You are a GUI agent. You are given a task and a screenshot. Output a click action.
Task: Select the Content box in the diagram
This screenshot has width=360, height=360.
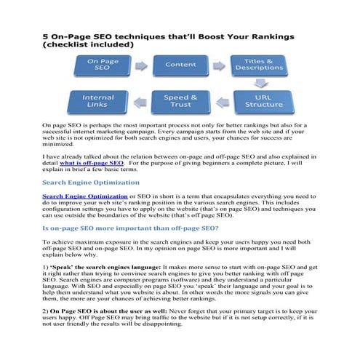(x=180, y=65)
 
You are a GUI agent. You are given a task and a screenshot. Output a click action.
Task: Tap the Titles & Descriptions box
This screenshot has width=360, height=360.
(x=259, y=65)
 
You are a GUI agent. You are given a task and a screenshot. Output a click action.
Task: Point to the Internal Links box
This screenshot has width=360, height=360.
(x=97, y=101)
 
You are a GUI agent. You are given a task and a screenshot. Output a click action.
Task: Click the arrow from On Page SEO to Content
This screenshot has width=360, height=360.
(x=141, y=65)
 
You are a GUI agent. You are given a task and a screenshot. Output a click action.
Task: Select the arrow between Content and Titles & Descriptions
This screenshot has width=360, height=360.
(x=220, y=65)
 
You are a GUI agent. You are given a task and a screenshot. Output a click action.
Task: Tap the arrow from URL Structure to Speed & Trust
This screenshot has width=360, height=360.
(x=221, y=101)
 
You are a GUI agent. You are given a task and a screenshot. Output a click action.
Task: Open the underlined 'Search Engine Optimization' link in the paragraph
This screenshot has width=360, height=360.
(x=84, y=196)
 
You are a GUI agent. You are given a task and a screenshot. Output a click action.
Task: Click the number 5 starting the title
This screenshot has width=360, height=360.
(x=46, y=34)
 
